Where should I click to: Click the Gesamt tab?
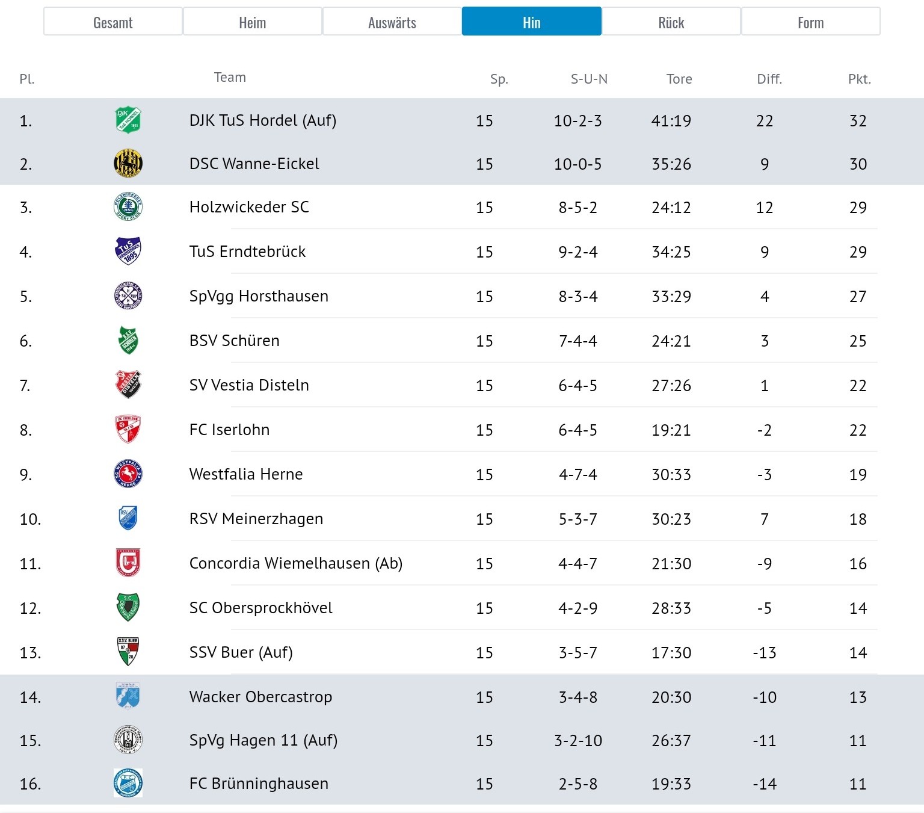point(112,22)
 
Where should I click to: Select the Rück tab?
point(671,22)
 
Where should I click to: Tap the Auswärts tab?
point(392,22)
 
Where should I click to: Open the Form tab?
point(810,22)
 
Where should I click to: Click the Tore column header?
point(679,79)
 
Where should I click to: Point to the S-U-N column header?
point(589,79)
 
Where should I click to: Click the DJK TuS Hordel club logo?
point(128,120)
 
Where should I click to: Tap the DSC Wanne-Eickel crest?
point(128,163)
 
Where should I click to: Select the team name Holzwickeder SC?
point(249,207)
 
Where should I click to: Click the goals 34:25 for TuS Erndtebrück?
point(671,252)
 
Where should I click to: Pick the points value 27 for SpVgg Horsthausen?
point(858,296)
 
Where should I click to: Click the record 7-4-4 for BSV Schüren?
point(578,341)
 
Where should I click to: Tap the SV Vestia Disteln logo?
point(128,384)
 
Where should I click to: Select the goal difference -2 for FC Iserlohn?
point(765,430)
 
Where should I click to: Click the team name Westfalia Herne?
point(246,474)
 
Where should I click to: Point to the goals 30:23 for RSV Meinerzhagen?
point(671,519)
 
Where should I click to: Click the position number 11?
point(30,563)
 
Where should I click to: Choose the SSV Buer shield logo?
point(128,651)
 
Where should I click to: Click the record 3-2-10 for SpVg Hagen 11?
point(578,740)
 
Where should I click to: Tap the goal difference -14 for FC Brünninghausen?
point(765,784)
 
